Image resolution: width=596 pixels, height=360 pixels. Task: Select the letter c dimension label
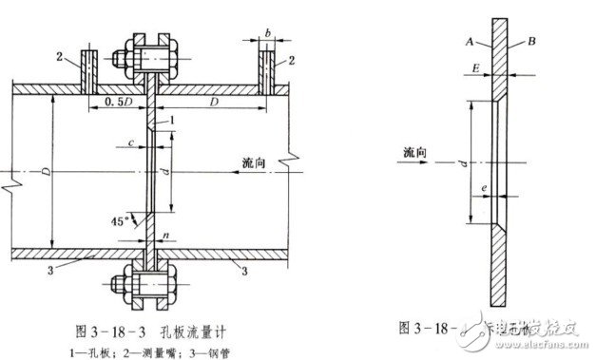point(129,142)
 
